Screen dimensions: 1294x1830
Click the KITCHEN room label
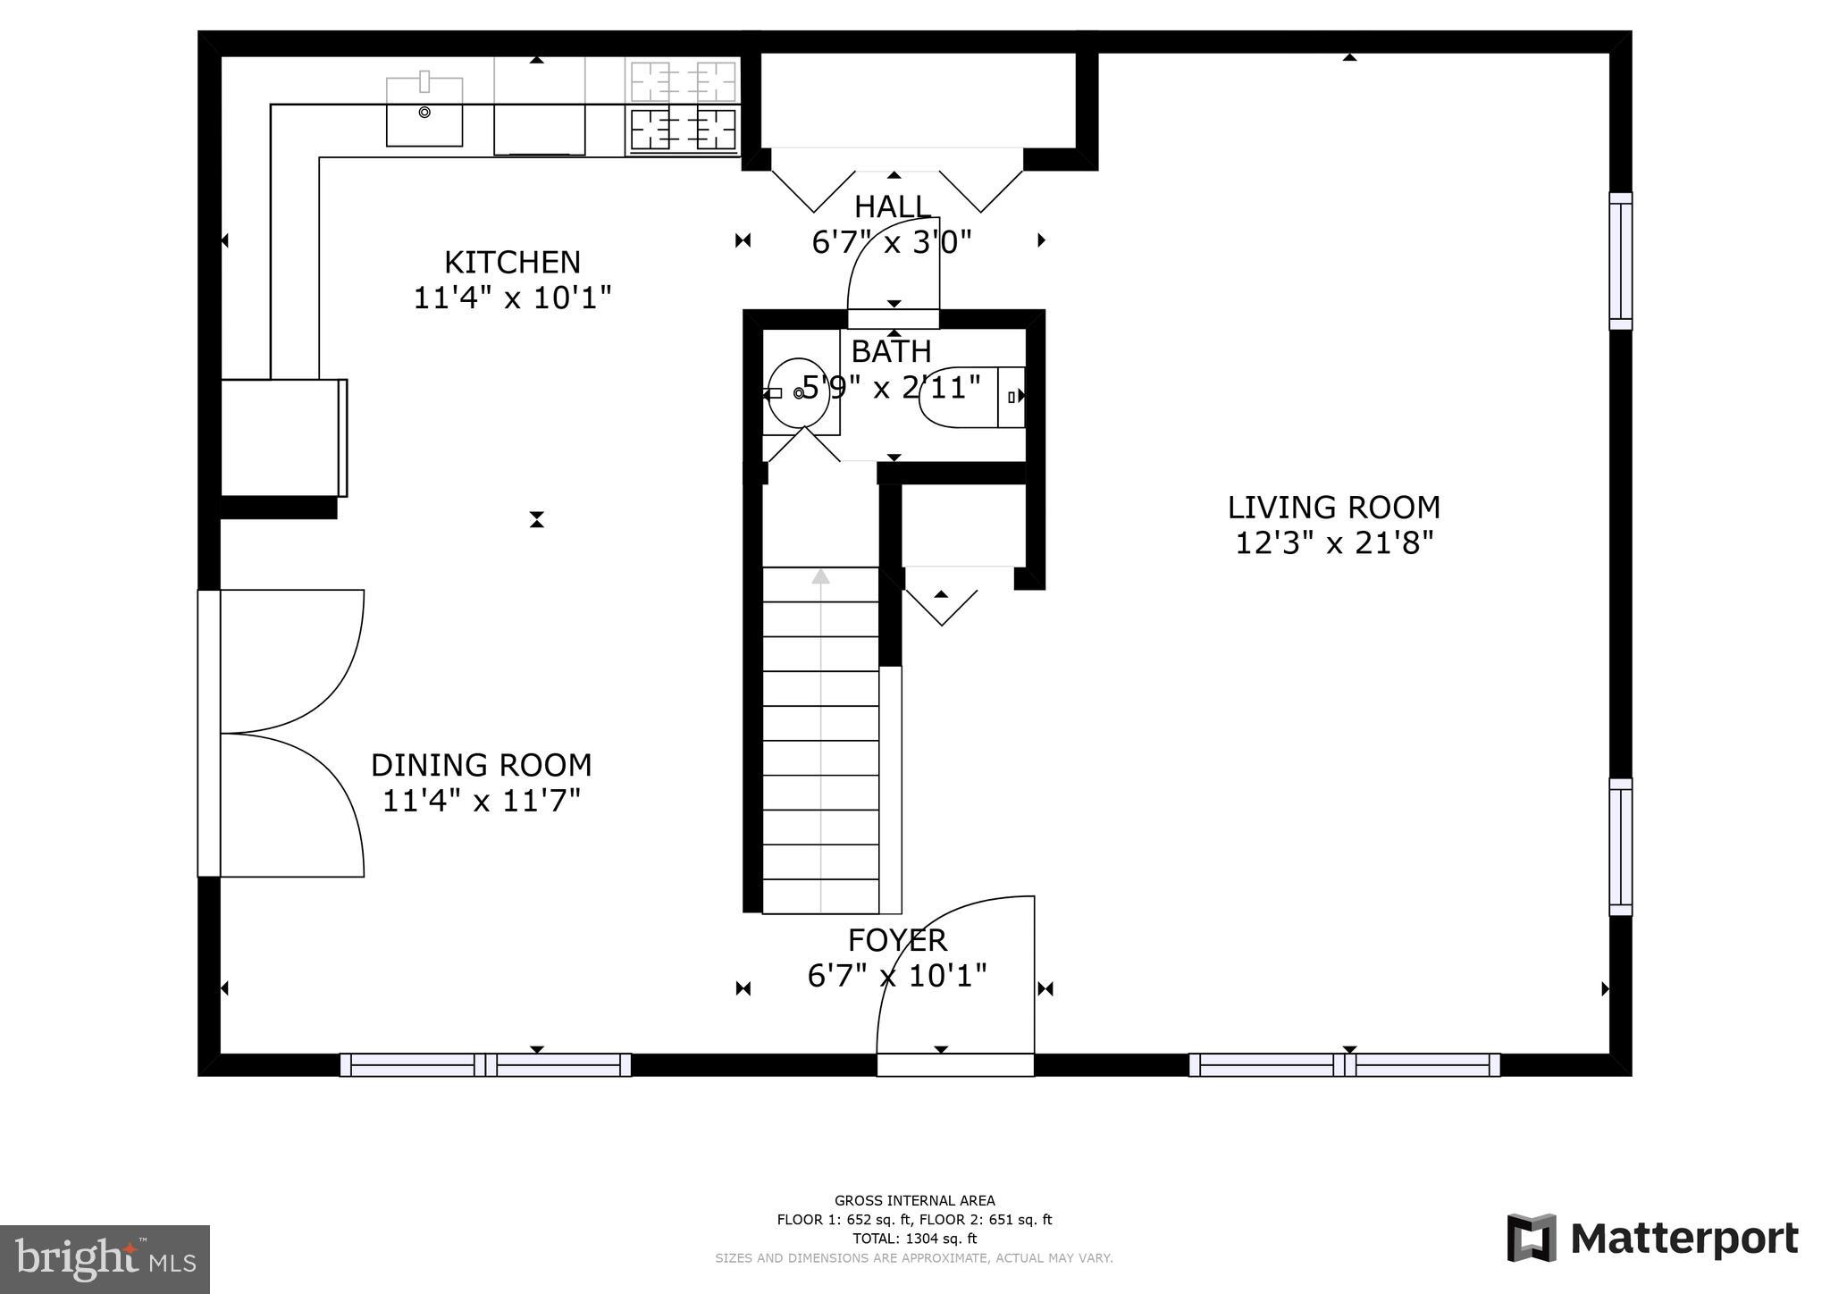(x=512, y=262)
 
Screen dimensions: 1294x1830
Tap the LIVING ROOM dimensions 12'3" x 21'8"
(x=1333, y=542)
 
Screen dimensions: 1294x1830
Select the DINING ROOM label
(x=481, y=765)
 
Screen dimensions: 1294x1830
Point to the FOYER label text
(x=897, y=940)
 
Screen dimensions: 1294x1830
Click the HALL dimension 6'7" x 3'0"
(x=891, y=241)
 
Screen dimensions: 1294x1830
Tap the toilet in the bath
(x=973, y=396)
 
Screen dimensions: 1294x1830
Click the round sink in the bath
(x=797, y=393)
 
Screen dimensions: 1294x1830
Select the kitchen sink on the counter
(x=424, y=113)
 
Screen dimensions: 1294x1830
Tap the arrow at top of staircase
(x=820, y=576)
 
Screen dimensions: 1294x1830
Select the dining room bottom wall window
(x=485, y=1064)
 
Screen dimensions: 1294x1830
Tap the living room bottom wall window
(x=1344, y=1064)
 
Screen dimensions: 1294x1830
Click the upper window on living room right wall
(x=1620, y=261)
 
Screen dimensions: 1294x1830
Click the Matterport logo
(x=1652, y=1238)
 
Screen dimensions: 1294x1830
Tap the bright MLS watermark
(x=105, y=1259)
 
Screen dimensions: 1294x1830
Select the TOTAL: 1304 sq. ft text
(x=914, y=1239)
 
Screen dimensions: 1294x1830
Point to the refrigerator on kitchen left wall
(x=281, y=437)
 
